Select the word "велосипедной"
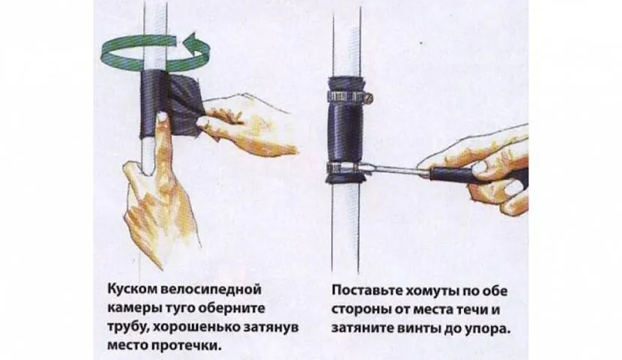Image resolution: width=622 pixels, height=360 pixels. tap(212, 289)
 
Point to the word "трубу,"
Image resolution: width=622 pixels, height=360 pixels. tap(128, 327)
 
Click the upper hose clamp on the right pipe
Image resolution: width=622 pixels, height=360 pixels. tap(348, 97)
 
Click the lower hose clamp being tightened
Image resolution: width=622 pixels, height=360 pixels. tap(343, 168)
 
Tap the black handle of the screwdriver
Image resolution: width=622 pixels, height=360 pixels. tap(456, 175)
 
